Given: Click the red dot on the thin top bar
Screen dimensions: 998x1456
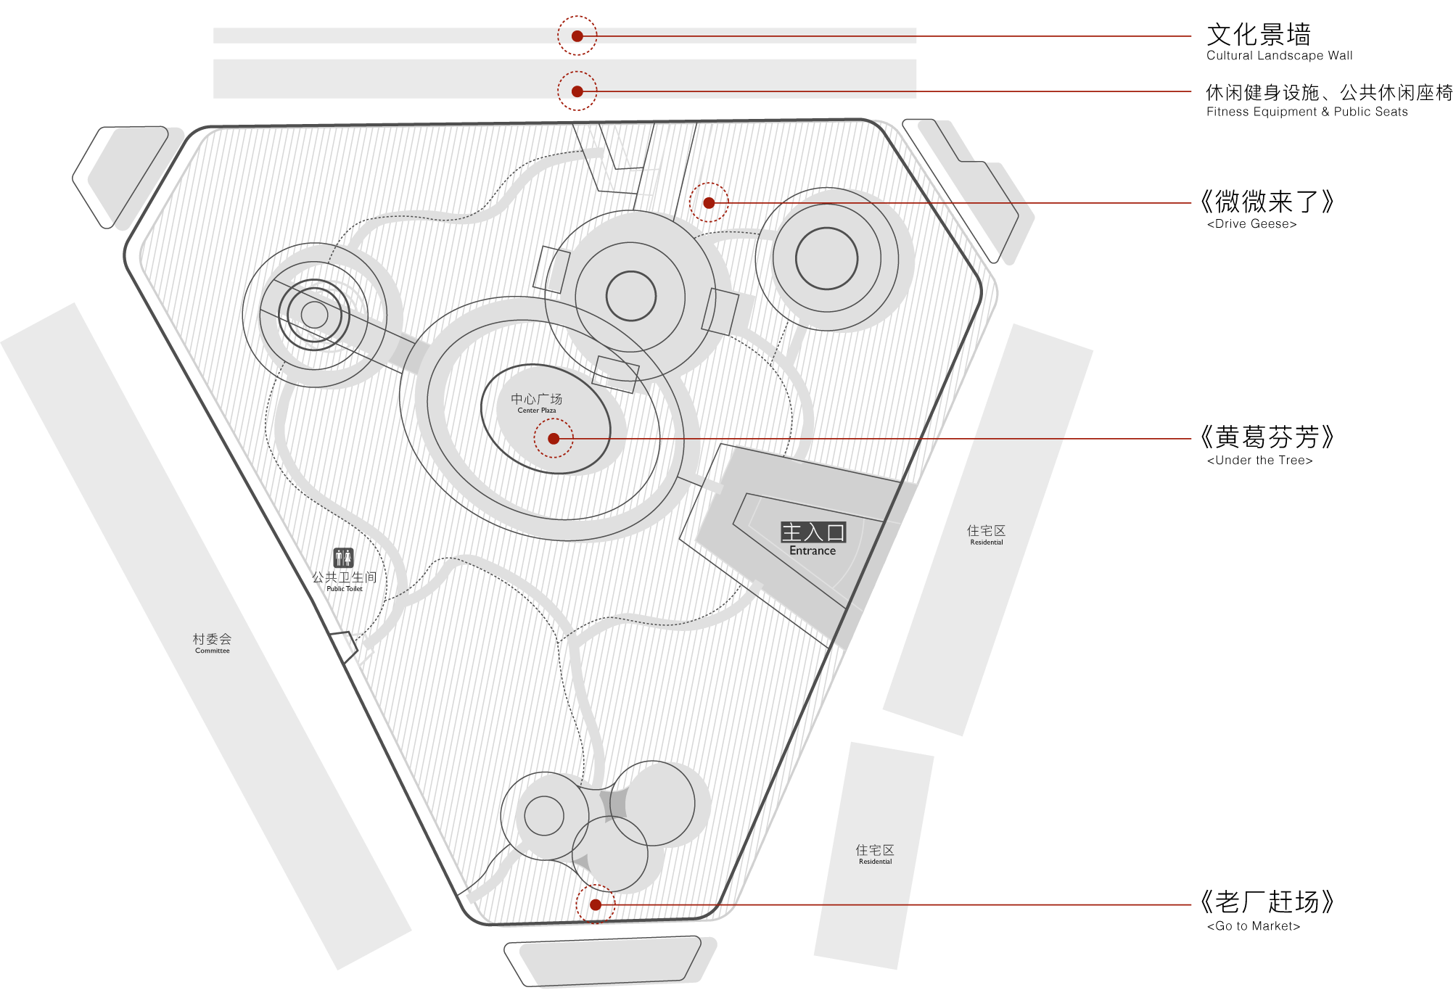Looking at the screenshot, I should pos(577,36).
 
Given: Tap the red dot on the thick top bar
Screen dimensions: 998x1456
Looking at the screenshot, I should pos(577,91).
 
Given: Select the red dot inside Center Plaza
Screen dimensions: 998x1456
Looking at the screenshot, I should pos(554,439).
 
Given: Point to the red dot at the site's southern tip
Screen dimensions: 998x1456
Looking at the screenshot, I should pos(595,904).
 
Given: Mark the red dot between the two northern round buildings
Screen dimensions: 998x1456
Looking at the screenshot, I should pos(709,203).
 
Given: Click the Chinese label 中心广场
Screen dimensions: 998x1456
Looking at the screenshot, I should pos(536,399).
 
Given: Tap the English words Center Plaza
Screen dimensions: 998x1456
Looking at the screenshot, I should pos(537,411).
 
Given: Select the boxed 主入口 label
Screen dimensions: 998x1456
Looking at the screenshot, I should pos(813,532).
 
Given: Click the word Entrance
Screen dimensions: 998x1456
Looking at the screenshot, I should pos(813,550).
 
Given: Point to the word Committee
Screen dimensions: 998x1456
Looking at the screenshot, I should pos(212,651).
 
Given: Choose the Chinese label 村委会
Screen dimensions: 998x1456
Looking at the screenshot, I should pos(212,639).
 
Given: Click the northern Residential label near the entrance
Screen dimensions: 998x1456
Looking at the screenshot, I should pos(987,542).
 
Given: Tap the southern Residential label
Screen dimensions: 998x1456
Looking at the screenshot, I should pos(875,862).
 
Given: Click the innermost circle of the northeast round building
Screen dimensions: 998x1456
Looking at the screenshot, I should pos(826,258).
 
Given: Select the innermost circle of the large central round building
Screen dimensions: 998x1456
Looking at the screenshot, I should pos(630,296).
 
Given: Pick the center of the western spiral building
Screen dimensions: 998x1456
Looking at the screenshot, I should pos(314,314).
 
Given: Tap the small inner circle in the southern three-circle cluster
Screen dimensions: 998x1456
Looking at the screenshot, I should pos(544,815).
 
